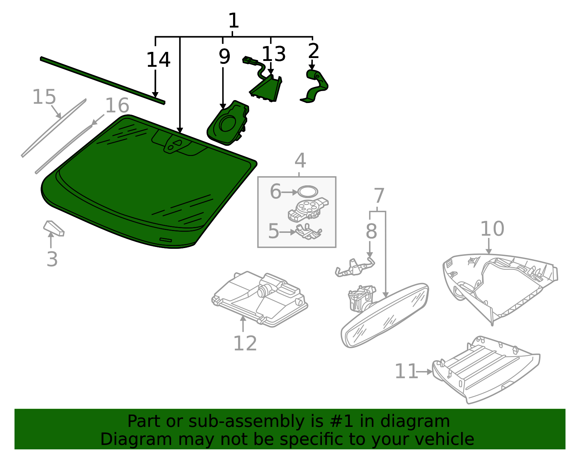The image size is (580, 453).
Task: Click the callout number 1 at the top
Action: [233, 21]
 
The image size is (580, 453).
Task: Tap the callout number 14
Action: [158, 60]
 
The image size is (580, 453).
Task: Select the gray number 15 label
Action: [44, 97]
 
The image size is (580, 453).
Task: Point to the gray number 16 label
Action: [117, 106]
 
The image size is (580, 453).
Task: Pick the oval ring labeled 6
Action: [308, 192]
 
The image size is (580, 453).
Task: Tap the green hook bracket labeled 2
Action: [316, 86]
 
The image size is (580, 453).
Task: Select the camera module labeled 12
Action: [260, 299]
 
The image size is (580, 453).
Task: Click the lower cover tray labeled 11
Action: [486, 370]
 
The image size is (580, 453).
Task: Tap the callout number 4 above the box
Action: [300, 160]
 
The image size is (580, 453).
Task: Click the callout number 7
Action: [379, 196]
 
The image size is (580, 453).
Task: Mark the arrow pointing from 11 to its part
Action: [424, 372]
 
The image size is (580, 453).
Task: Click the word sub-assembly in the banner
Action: [247, 422]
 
